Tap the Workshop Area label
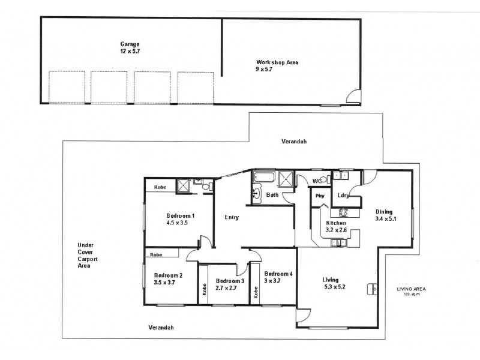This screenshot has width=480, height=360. pyautogui.click(x=277, y=65)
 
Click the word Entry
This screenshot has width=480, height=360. pyautogui.click(x=232, y=217)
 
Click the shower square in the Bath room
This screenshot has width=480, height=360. pyautogui.click(x=287, y=178)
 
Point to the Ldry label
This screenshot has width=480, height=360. pyautogui.click(x=343, y=195)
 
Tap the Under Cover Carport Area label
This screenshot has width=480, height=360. pyautogui.click(x=88, y=255)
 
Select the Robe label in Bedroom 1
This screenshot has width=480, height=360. pyautogui.click(x=160, y=187)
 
